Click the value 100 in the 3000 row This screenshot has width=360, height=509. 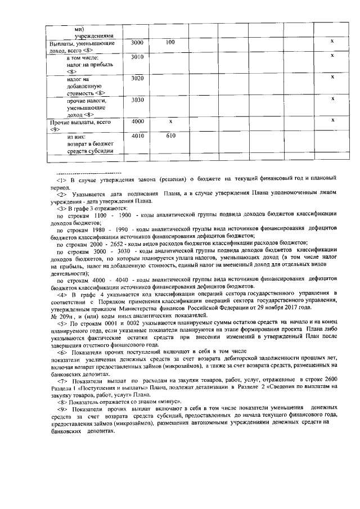(x=170, y=43)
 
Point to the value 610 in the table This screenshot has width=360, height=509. (x=171, y=136)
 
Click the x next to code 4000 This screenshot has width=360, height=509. (x=170, y=121)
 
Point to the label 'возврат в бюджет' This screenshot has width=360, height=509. (x=90, y=143)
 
